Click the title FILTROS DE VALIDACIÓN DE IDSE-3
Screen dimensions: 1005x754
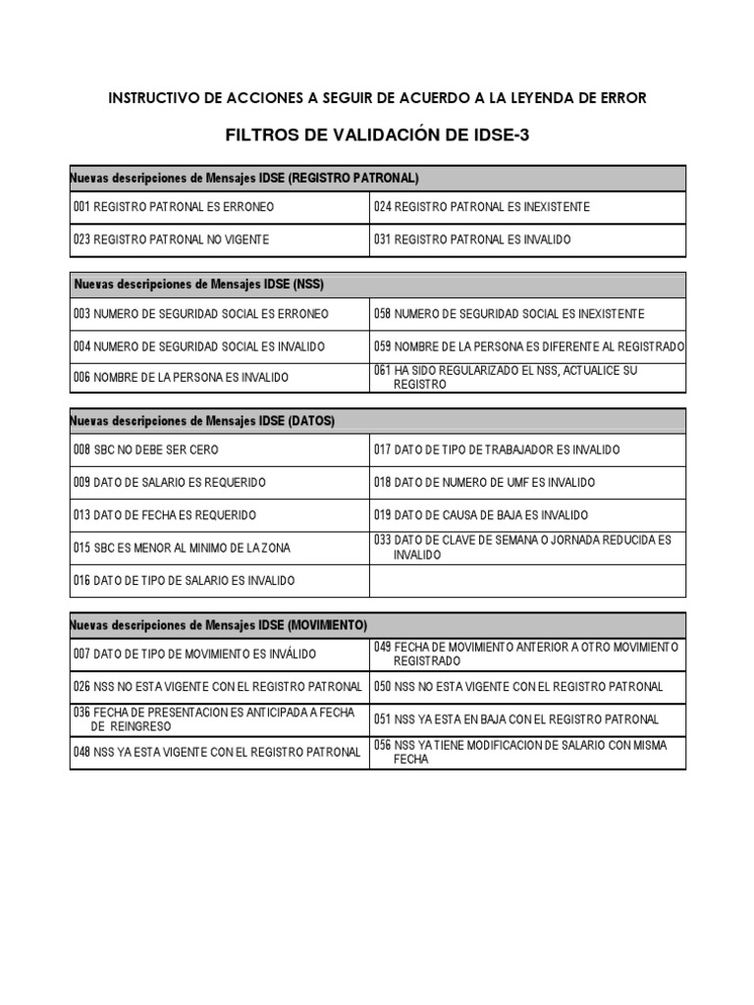[377, 135]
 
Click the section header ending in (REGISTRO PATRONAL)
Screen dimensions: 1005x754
[244, 179]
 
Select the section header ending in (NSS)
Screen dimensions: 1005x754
[199, 285]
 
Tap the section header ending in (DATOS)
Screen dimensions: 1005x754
[203, 421]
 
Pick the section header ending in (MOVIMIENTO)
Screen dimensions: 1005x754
[219, 625]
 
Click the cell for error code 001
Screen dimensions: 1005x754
[174, 207]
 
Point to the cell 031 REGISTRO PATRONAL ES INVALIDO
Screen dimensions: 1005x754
[471, 239]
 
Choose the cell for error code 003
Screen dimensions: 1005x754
[201, 314]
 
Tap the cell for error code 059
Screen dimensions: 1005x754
[528, 346]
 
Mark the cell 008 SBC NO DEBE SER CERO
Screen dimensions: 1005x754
[146, 450]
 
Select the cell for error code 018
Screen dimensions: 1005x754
[483, 483]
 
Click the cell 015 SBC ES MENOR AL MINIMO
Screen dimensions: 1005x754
[182, 548]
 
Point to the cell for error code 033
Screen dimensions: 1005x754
[522, 548]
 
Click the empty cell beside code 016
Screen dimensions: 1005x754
[527, 581]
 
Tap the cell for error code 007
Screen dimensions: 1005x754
[194, 655]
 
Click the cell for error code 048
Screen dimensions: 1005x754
[217, 753]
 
